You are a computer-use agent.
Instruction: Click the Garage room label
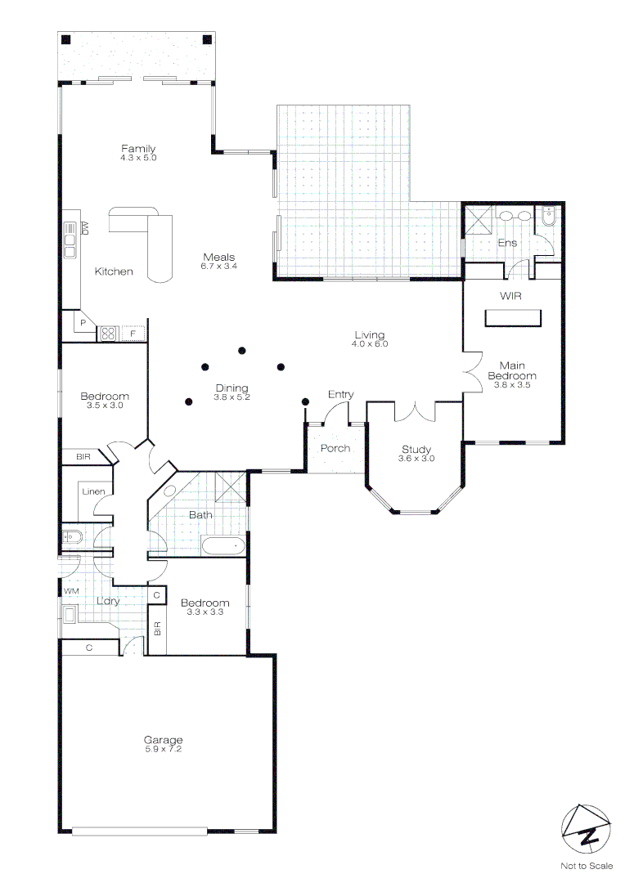(163, 739)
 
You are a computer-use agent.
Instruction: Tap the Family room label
(138, 148)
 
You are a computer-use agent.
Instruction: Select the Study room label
(416, 450)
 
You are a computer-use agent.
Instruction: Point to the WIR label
(510, 296)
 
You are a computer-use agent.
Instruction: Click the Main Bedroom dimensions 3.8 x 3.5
(512, 385)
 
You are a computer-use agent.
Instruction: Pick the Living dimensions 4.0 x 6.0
(370, 344)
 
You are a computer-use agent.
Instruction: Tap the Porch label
(335, 448)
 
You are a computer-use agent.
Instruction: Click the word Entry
(341, 394)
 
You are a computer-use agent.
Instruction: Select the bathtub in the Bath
(223, 545)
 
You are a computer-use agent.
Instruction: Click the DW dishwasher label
(86, 228)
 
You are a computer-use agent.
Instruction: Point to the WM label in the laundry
(71, 591)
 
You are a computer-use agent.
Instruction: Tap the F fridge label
(133, 334)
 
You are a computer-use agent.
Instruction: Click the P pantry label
(83, 323)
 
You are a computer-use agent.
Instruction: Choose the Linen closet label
(93, 491)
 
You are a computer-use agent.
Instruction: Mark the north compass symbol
(586, 830)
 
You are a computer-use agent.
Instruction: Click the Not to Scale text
(587, 866)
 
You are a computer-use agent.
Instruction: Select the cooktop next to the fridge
(108, 334)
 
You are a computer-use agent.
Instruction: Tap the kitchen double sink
(70, 240)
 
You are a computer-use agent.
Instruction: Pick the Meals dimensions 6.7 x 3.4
(219, 267)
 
